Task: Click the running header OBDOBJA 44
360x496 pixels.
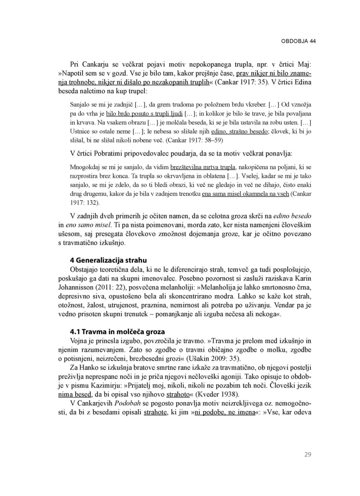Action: (x=298, y=41)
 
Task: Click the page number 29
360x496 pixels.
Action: (x=308, y=455)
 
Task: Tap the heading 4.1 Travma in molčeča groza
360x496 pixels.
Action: (x=117, y=332)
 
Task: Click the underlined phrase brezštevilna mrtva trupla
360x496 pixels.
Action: (x=202, y=167)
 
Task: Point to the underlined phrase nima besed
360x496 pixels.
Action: (x=75, y=394)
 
